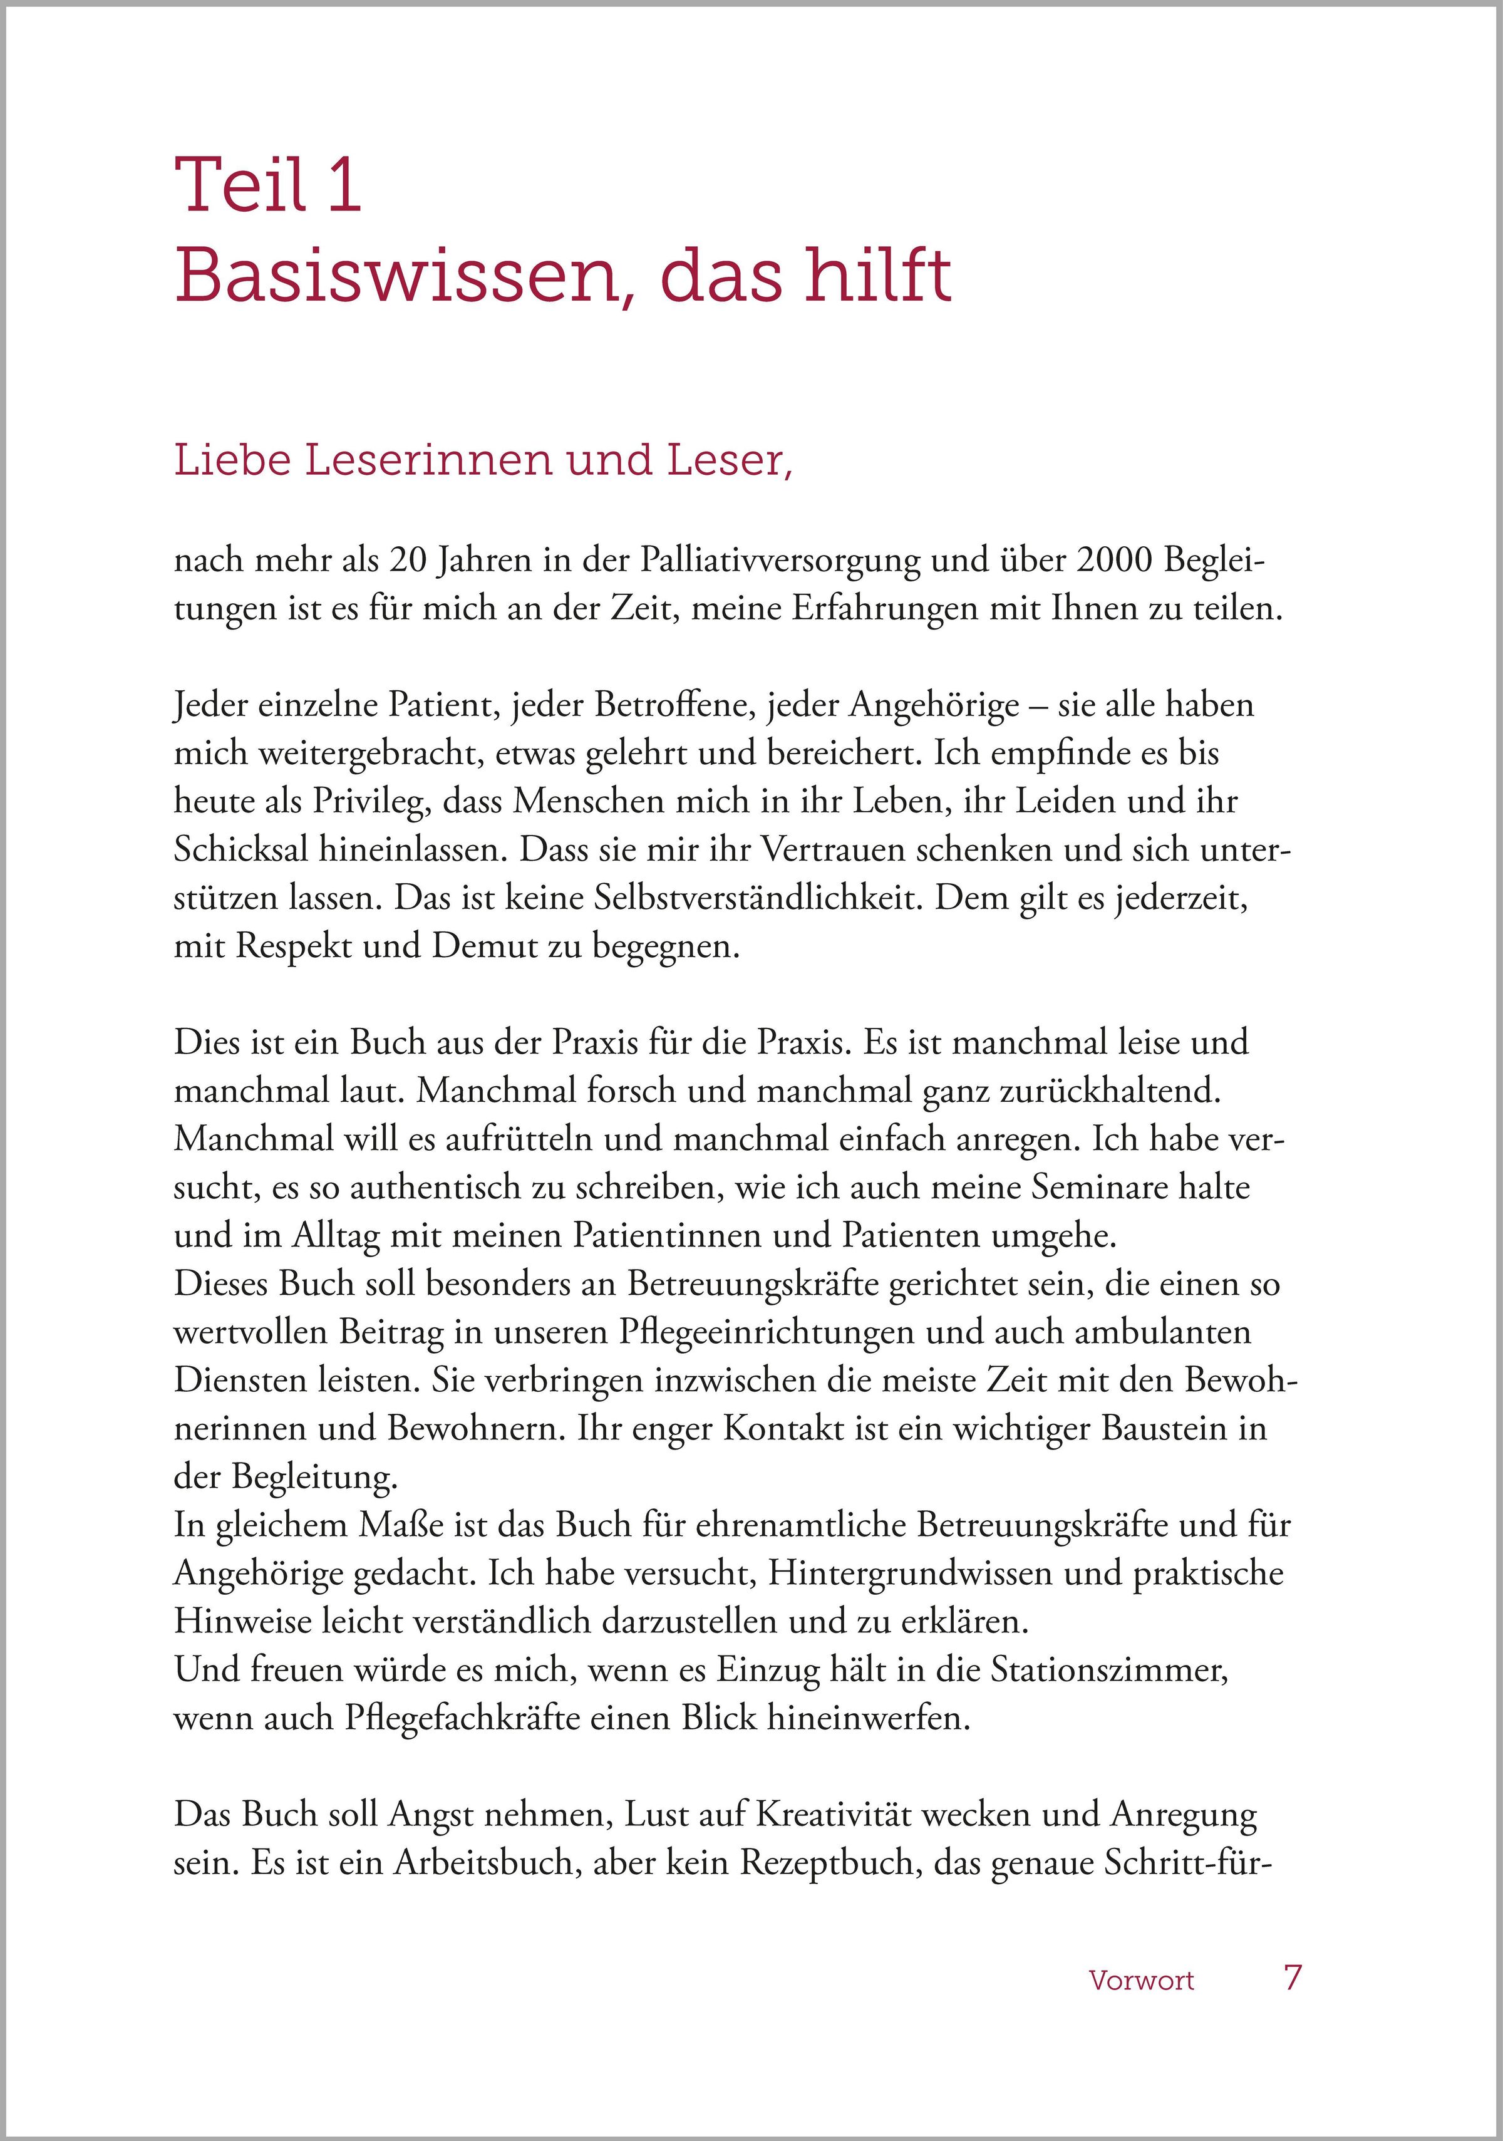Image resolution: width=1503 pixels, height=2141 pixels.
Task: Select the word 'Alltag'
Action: click(x=336, y=1235)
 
